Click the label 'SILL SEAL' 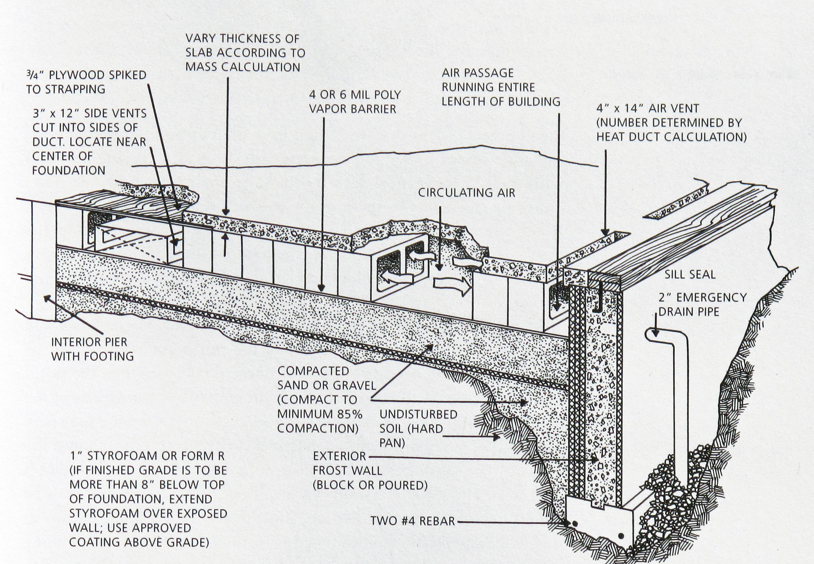pos(690,274)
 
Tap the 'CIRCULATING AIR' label pos(466,193)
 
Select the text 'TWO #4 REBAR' pos(412,521)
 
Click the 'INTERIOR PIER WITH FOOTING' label pos(92,349)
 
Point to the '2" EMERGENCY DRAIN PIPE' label pos(702,304)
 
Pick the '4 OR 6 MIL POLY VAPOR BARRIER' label pos(355,102)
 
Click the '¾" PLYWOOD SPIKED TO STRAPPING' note pos(86,81)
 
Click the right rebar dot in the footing pos(621,536)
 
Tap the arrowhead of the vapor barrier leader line pos(322,287)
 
